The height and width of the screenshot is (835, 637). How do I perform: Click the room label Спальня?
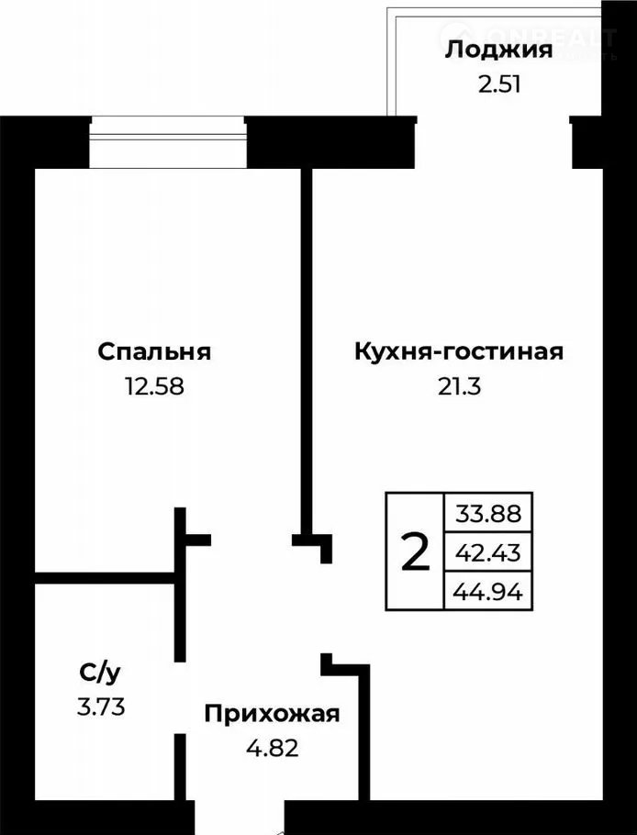[x=154, y=351]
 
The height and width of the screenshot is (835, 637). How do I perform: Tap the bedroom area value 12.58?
[x=154, y=386]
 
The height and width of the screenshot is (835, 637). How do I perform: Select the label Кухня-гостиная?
[x=458, y=351]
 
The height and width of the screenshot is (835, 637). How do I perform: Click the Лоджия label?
[x=498, y=50]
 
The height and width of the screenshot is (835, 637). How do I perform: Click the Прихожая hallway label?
[x=272, y=714]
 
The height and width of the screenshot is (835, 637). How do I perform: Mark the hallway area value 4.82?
[x=272, y=748]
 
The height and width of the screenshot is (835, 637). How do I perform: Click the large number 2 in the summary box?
[x=416, y=552]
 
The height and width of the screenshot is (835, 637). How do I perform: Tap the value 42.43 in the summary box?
[x=487, y=552]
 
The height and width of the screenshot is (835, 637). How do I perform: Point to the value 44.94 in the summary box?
[x=487, y=592]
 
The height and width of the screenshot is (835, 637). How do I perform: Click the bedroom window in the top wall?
[x=167, y=141]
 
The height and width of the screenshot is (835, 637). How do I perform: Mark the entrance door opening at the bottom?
[x=240, y=817]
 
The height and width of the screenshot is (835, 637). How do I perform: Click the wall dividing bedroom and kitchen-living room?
[x=307, y=349]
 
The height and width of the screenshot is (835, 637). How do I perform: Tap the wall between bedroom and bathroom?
[x=106, y=577]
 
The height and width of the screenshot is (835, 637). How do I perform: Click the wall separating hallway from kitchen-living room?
[x=364, y=734]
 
